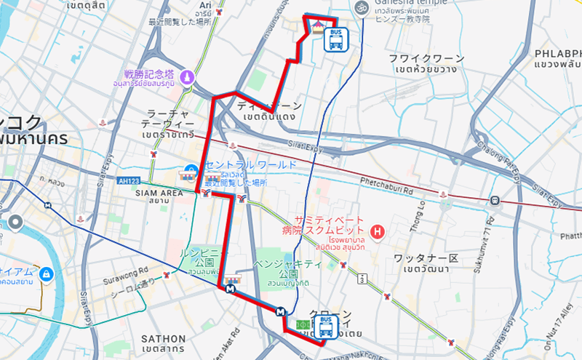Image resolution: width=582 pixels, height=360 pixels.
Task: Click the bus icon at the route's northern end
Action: click(335, 39)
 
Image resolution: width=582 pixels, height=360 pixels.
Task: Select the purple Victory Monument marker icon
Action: click(188, 77)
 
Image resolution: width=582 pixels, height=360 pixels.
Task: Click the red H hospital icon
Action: click(377, 233)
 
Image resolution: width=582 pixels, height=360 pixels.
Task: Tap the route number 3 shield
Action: click(361, 278)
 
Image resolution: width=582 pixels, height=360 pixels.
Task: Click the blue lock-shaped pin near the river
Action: click(46, 273)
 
